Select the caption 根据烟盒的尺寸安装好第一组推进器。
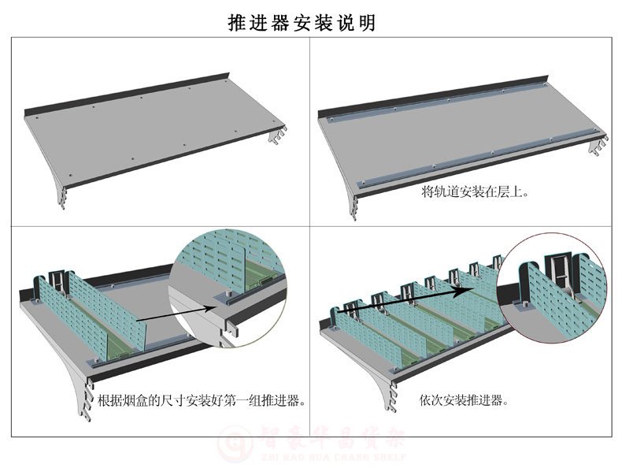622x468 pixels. tap(201, 400)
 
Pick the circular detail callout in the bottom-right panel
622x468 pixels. tap(556, 288)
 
